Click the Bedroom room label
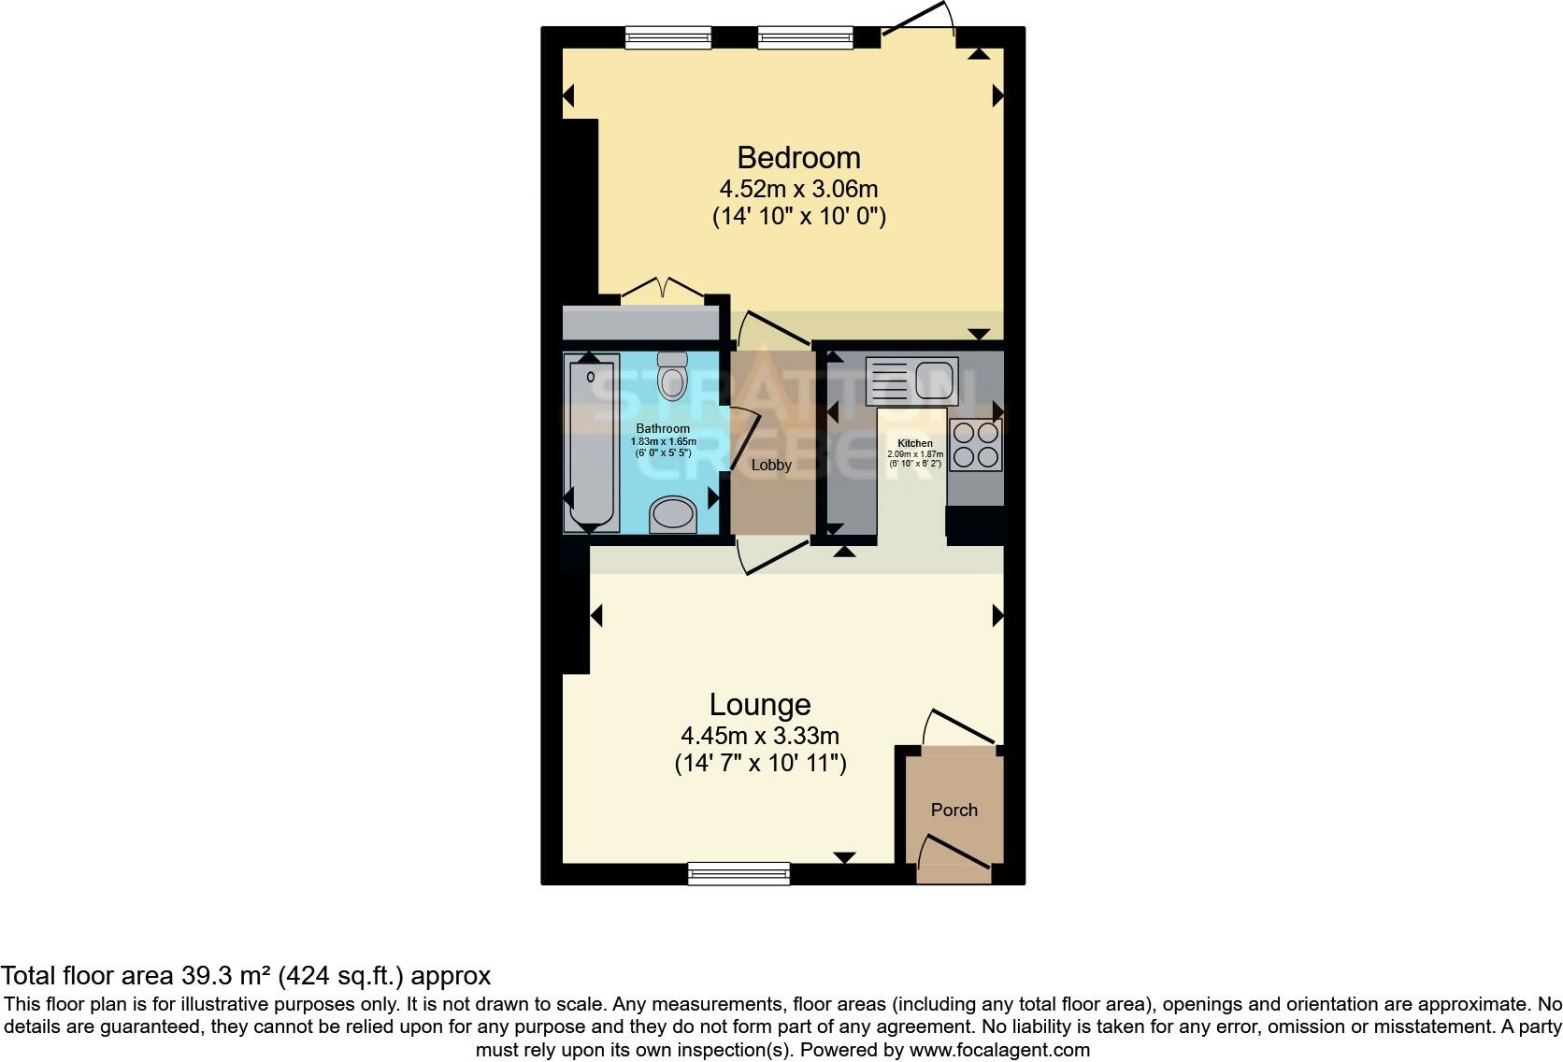pos(798,157)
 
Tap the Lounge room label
pos(759,704)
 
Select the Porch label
pos(954,810)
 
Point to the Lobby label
pos(771,465)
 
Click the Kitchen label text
pos(914,443)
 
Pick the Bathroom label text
pos(663,429)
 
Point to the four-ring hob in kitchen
pos(976,445)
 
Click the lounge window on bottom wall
pos(738,873)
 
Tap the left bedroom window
pos(667,37)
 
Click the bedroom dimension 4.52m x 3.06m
pos(798,189)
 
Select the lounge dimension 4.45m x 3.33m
pos(760,736)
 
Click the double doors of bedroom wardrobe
pos(663,290)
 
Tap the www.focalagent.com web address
pos(999,1050)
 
